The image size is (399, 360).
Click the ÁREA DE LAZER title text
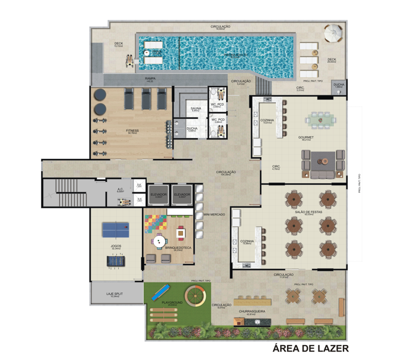[x=310, y=347]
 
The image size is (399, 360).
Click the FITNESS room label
[x=132, y=130]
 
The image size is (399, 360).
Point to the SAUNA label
[x=195, y=108]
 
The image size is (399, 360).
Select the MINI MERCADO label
[x=214, y=214]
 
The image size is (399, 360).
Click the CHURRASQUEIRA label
[x=252, y=310]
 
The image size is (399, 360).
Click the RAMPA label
[x=150, y=79]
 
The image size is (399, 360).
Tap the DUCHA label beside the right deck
[x=339, y=84]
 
